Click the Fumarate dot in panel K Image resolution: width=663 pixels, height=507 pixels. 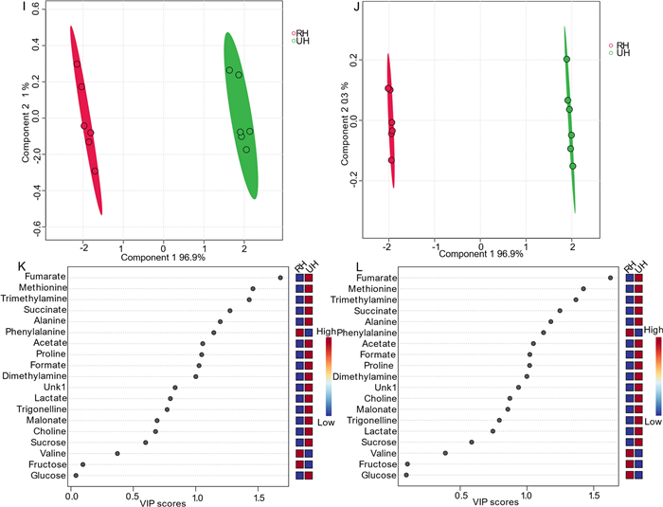[280, 278]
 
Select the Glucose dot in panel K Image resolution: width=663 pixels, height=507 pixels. [76, 475]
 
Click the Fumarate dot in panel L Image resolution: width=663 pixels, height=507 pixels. [610, 278]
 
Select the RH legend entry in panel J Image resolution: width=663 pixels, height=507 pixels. [621, 45]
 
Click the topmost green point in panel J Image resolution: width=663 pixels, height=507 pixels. [566, 59]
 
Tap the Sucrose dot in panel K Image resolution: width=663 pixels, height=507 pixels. [145, 442]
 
